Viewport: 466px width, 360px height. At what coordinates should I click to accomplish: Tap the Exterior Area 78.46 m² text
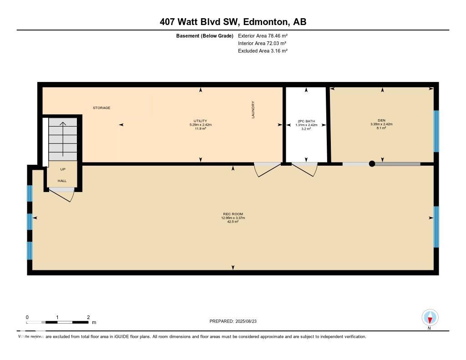pyautogui.click(x=263, y=35)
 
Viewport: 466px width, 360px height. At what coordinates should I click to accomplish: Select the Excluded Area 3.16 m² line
pyautogui.click(x=263, y=51)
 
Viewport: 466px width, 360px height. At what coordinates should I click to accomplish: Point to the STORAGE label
pyautogui.click(x=101, y=108)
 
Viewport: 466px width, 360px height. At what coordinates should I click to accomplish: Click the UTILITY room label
pyautogui.click(x=201, y=121)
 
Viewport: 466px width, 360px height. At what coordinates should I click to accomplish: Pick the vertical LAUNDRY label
pyautogui.click(x=253, y=110)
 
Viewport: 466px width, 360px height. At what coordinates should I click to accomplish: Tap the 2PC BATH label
pyautogui.click(x=306, y=121)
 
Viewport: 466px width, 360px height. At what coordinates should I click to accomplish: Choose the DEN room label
pyautogui.click(x=382, y=121)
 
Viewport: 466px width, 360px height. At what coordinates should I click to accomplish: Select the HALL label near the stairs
pyautogui.click(x=62, y=181)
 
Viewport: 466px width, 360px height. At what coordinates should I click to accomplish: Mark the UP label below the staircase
pyautogui.click(x=63, y=169)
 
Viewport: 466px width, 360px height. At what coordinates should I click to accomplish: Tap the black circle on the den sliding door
pyautogui.click(x=372, y=164)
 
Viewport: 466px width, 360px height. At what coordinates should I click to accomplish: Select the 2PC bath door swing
pyautogui.click(x=304, y=169)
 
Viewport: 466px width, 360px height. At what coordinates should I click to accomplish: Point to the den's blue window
pyautogui.click(x=436, y=131)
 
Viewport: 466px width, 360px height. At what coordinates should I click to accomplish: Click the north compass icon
pyautogui.click(x=430, y=317)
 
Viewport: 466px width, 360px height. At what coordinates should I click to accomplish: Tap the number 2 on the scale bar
pyautogui.click(x=88, y=317)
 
